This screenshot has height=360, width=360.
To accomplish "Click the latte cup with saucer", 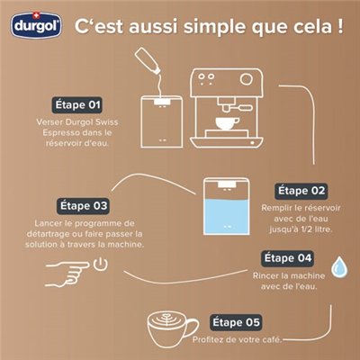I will [171, 325].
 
